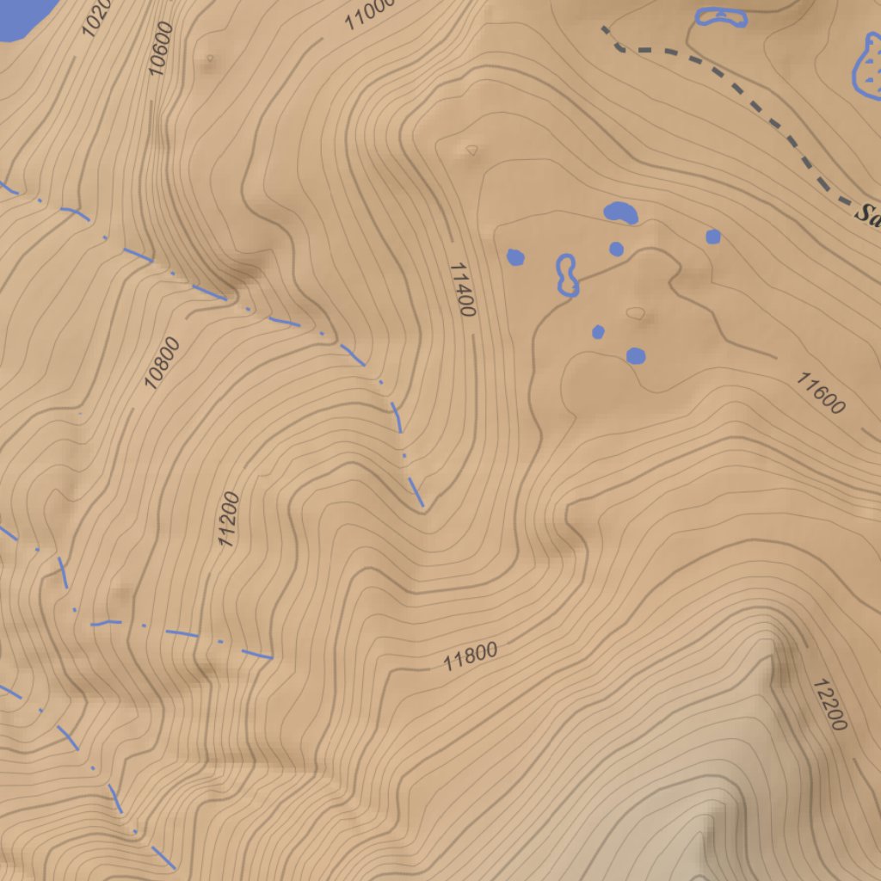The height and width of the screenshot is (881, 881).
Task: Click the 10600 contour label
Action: click(161, 49)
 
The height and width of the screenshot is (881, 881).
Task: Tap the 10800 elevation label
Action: click(163, 362)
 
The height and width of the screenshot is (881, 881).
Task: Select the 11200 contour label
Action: click(228, 520)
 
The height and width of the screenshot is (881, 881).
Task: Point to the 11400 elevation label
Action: click(462, 290)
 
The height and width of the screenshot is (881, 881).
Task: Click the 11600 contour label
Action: click(820, 393)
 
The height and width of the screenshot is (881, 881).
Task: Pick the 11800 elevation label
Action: click(471, 656)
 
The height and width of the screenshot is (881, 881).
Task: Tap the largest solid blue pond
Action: click(620, 212)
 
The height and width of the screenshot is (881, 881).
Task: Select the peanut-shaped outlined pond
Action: click(566, 274)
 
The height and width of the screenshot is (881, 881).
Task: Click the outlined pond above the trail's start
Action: click(721, 16)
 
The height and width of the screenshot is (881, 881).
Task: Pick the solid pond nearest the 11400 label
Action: click(515, 256)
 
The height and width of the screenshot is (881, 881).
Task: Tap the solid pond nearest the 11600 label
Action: click(636, 355)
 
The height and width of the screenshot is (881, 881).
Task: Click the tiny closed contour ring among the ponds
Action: click(635, 312)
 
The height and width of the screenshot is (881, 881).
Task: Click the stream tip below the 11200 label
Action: click(271, 658)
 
